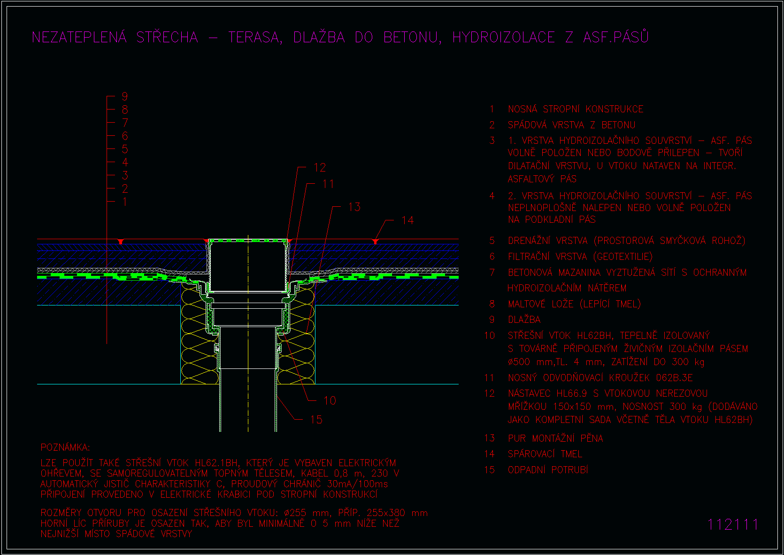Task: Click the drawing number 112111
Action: pos(732,524)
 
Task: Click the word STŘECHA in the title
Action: pos(167,37)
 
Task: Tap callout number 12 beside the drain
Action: pos(320,167)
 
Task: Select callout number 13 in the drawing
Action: pos(354,207)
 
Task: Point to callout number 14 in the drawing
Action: pos(408,220)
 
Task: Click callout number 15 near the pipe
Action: pos(316,419)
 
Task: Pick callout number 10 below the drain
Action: pos(330,400)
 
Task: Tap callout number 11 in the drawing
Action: pos(328,184)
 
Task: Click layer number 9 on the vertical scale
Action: pos(125,96)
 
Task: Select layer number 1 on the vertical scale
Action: pos(125,202)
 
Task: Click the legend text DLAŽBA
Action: pos(524,320)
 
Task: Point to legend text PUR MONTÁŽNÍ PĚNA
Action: pos(555,438)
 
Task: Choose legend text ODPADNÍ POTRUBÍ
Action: pos(548,469)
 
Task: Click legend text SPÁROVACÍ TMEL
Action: pos(546,454)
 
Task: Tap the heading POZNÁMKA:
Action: pos(65,447)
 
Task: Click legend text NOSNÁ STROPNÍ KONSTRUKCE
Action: pos(576,109)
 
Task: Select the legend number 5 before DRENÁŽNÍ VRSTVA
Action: pos(492,241)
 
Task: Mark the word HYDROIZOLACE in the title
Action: pos(504,37)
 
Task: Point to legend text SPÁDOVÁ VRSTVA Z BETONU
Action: pos(571,125)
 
